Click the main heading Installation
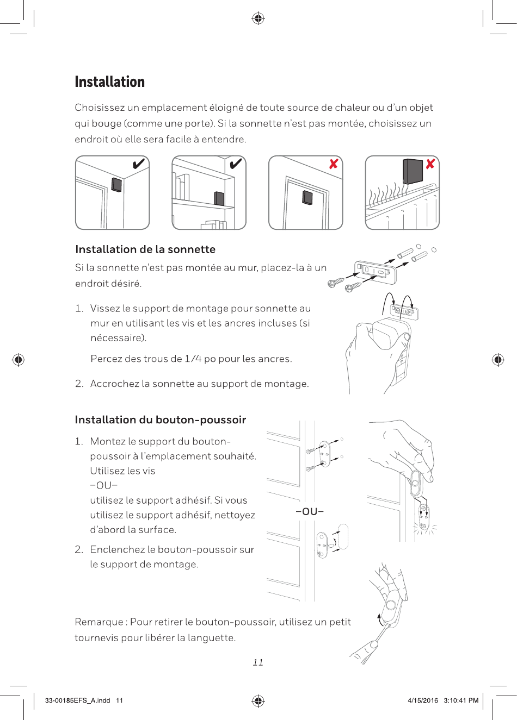point(110,82)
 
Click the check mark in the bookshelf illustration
point(236,164)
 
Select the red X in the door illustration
point(334,164)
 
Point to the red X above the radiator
point(430,164)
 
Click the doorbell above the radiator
point(412,171)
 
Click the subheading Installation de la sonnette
point(145,249)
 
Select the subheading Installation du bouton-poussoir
point(160,420)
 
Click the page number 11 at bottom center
point(258,662)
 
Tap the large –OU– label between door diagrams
point(310,511)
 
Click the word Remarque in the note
point(99,622)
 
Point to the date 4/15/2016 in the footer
point(423,700)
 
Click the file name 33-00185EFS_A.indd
point(77,700)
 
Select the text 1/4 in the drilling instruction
point(193,359)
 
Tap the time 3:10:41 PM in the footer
point(461,700)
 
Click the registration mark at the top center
point(258,19)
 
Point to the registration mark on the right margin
point(497,360)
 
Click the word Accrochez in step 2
point(114,384)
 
